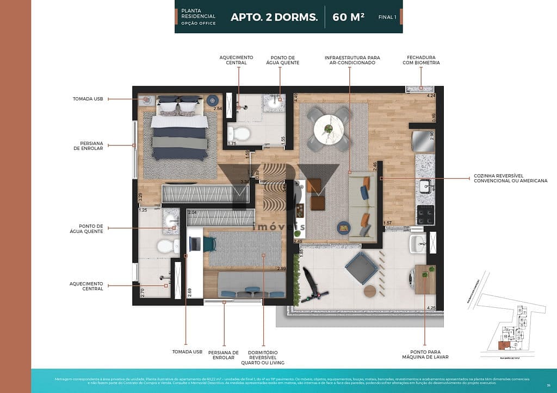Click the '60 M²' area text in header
click(x=349, y=17)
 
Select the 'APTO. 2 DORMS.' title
click(x=274, y=17)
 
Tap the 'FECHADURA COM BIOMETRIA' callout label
click(x=421, y=60)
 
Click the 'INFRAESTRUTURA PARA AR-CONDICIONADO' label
click(x=352, y=60)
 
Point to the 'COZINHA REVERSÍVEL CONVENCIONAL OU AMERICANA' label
click(x=510, y=178)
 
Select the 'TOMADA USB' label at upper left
click(x=88, y=99)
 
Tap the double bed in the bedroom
click(x=179, y=133)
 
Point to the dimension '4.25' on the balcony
click(x=431, y=308)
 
